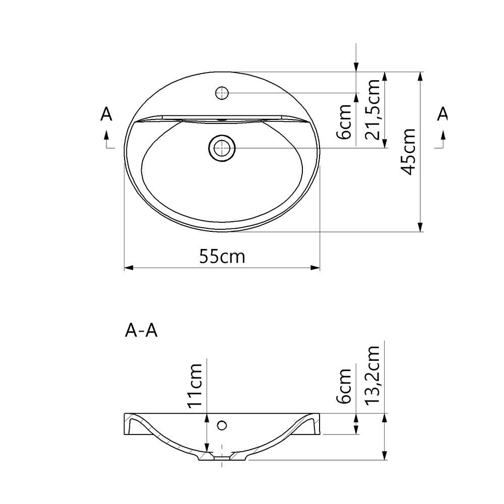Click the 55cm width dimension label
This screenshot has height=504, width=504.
coord(222,257)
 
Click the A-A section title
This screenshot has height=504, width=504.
coord(141,331)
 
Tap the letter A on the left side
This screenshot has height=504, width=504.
coord(106,114)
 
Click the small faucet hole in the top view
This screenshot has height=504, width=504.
coord(222,93)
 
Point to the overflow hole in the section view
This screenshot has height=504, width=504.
coord(222,425)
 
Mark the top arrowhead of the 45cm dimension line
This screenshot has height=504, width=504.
coord(419,76)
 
